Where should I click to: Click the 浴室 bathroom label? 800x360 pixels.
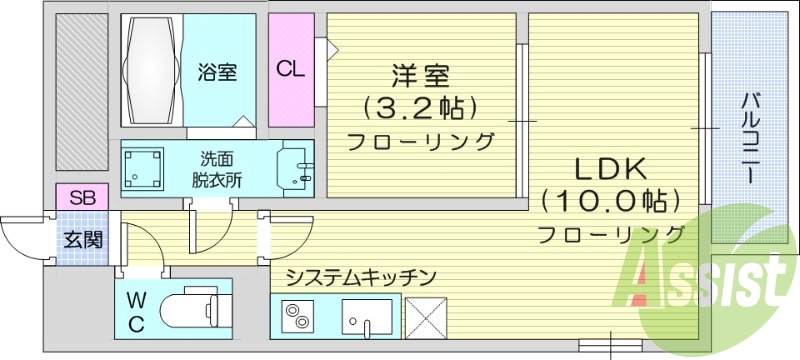point(217,71)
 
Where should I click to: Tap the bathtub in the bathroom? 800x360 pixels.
point(154,68)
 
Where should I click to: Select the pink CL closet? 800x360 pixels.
point(290,69)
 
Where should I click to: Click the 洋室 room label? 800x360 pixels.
point(420,75)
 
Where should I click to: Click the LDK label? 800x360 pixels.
point(611,167)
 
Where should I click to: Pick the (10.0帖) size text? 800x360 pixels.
point(611,201)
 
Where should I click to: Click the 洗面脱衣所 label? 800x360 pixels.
point(216,169)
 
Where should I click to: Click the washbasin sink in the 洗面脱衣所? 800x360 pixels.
point(296,169)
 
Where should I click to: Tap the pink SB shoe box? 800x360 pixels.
point(83,197)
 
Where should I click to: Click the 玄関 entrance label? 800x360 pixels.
point(83,240)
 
